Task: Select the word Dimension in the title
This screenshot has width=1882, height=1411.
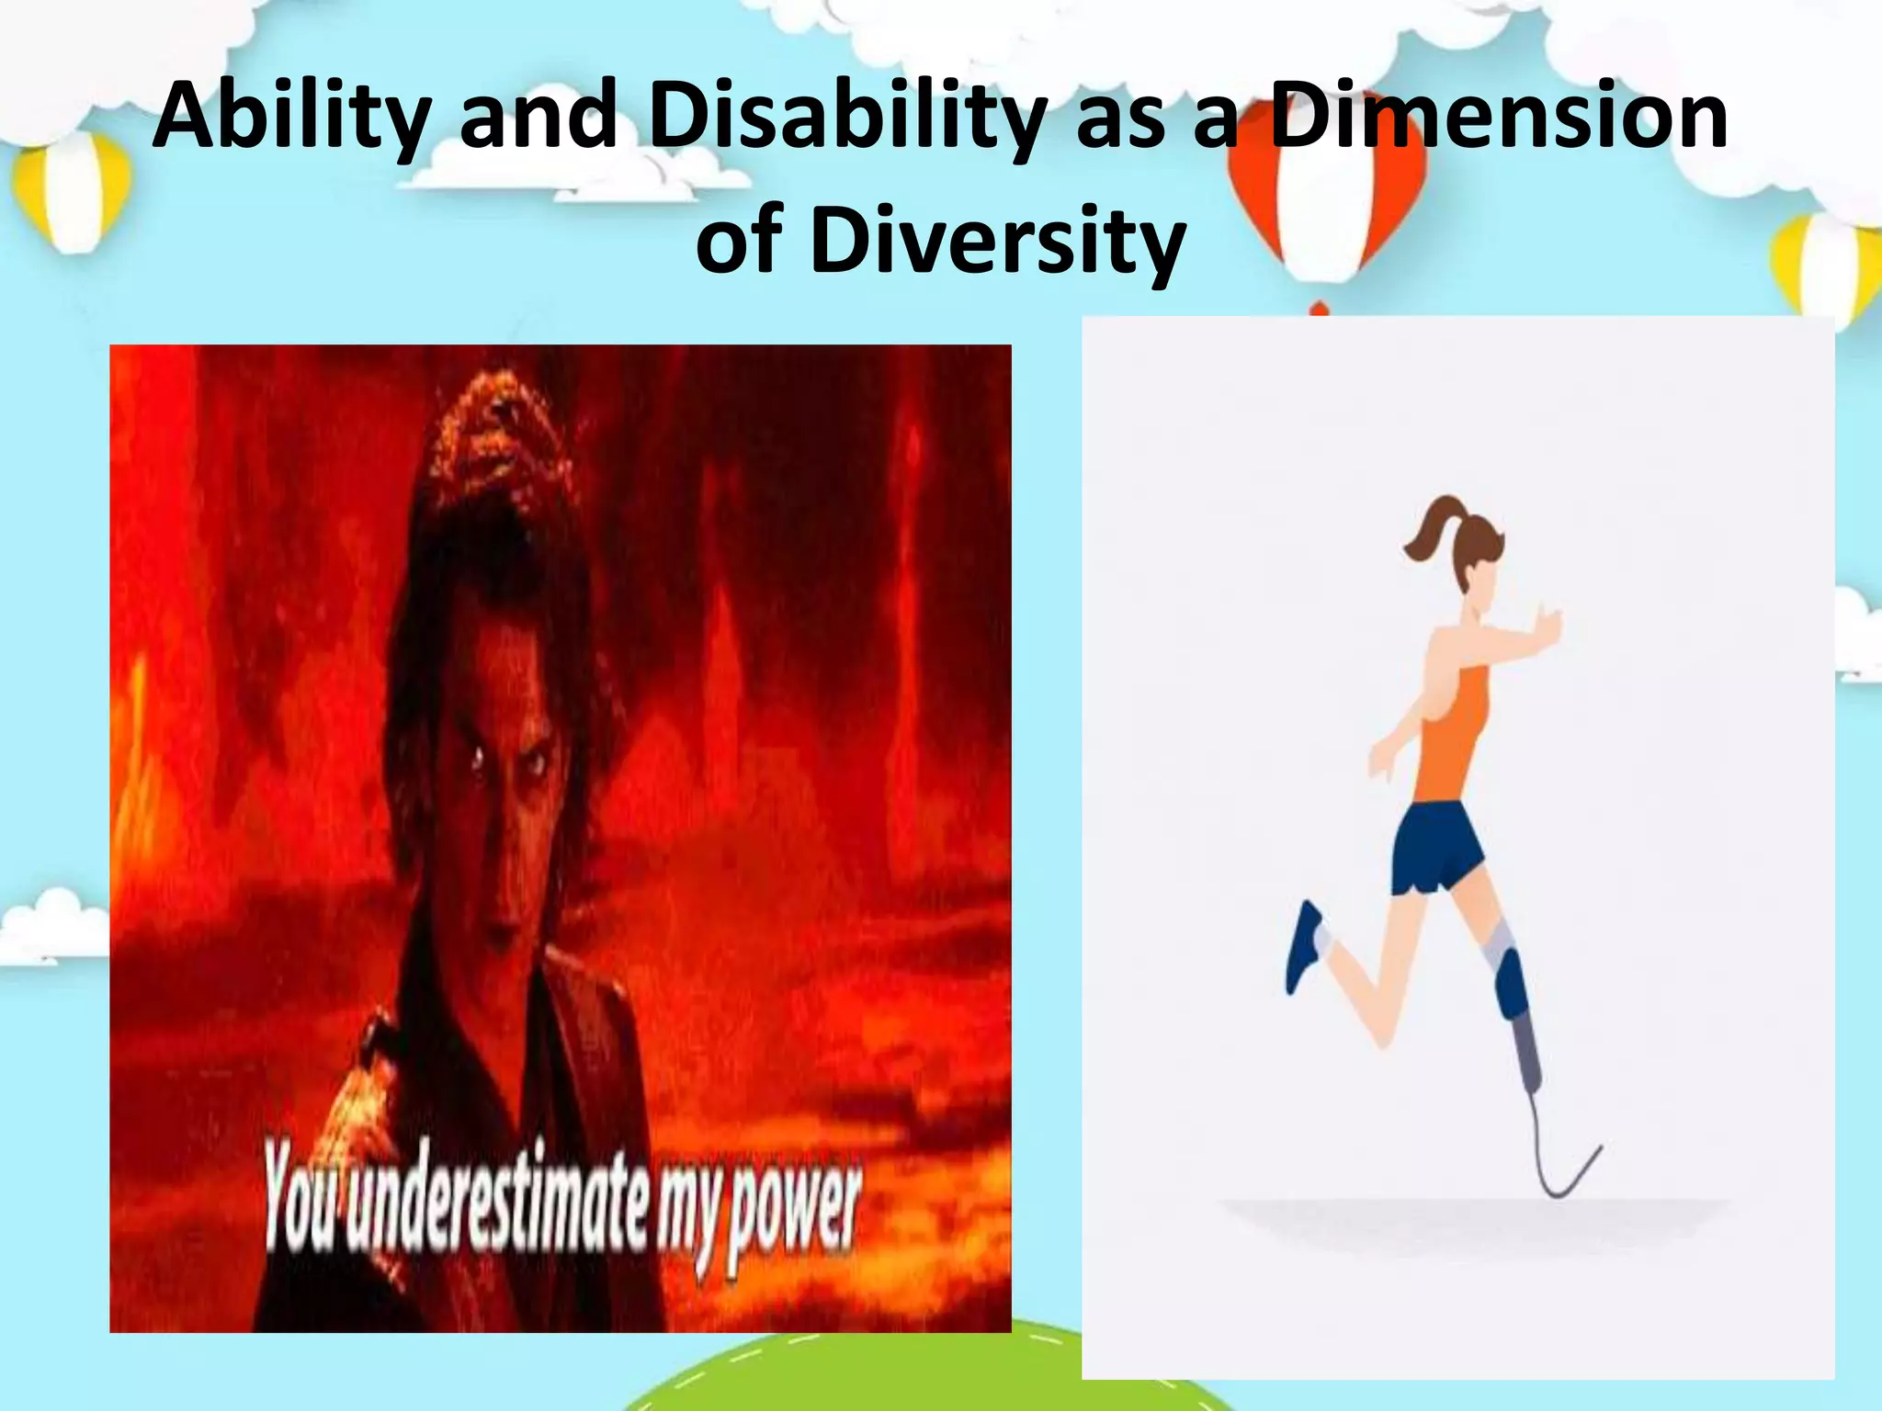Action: click(1499, 118)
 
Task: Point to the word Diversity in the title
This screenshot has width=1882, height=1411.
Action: click(996, 241)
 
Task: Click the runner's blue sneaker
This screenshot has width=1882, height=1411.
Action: click(1304, 945)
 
